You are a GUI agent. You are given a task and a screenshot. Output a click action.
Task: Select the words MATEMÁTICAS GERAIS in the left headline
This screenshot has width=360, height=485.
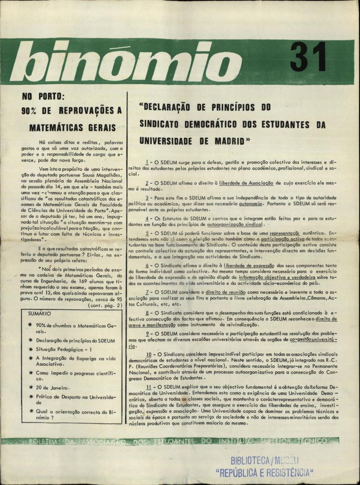[72, 128]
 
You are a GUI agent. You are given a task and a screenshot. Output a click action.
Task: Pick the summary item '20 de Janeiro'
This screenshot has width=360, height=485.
[53, 388]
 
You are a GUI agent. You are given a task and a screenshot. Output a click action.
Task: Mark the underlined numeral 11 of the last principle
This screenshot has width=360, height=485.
[149, 387]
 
